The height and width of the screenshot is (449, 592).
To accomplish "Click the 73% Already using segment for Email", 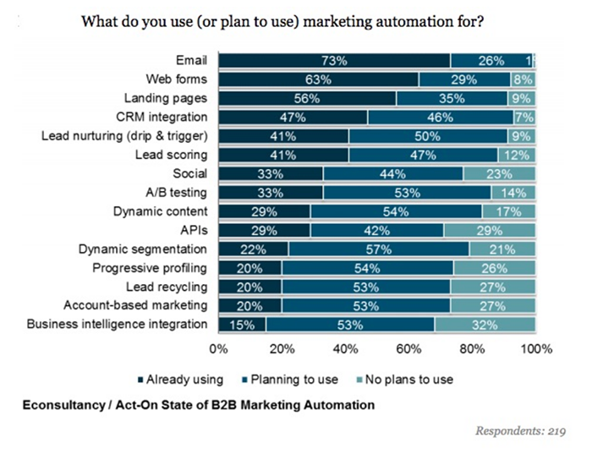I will pos(334,61).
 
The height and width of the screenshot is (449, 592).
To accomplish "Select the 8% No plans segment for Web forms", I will pos(522,79).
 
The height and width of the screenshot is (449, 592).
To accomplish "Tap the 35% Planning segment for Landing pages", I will pos(452,98).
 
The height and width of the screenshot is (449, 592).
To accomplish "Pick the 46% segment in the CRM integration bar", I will pos(438,118).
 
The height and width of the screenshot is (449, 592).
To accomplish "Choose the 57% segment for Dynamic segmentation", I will pos(378,249).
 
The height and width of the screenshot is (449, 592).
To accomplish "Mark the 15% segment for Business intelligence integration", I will pos(242,324).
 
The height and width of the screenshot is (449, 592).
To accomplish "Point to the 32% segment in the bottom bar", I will pos(485,324).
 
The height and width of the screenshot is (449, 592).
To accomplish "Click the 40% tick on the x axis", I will pos(344,348).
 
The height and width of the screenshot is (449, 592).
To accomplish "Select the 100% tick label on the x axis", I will pos(534,348).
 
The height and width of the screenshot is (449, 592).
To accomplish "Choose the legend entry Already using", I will pos(184,380).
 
